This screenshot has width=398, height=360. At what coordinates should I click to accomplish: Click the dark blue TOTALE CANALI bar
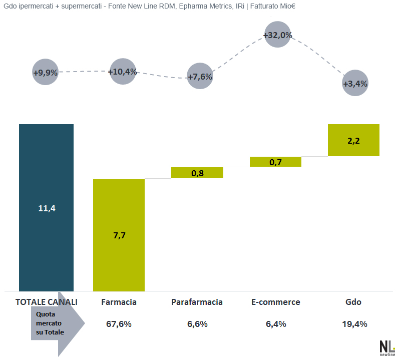tap(46, 207)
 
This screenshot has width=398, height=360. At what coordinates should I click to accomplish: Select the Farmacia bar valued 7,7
tap(119, 235)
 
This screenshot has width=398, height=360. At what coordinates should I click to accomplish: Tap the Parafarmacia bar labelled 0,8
tap(197, 173)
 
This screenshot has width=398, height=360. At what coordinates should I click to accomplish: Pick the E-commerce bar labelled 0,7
tap(275, 161)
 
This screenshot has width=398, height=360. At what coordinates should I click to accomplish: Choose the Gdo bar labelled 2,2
tap(353, 140)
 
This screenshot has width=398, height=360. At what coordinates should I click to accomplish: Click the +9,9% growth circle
tap(46, 72)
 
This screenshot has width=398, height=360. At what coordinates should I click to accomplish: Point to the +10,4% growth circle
tap(123, 72)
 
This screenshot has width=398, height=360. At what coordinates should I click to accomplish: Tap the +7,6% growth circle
tap(200, 77)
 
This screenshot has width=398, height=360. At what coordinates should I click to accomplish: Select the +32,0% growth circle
tap(277, 35)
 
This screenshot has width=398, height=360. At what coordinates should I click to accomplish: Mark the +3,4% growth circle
tap(355, 84)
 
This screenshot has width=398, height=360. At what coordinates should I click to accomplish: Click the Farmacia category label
tap(119, 302)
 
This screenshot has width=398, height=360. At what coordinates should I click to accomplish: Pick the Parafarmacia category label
tap(197, 302)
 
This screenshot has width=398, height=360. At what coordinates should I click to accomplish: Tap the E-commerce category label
tap(275, 302)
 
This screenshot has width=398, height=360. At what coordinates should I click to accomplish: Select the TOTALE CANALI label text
tap(47, 302)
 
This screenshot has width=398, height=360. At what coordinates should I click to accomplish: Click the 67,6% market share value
tap(119, 324)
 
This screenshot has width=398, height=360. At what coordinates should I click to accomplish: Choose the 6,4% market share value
tap(275, 324)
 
